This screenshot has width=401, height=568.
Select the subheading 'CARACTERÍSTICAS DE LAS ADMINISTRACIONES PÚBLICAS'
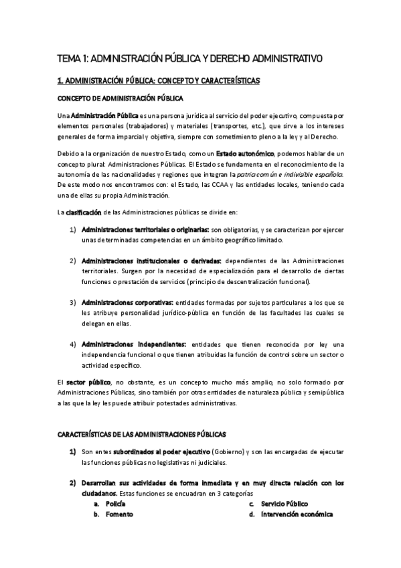click(141, 416)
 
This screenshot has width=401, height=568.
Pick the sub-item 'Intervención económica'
click(297, 514)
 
